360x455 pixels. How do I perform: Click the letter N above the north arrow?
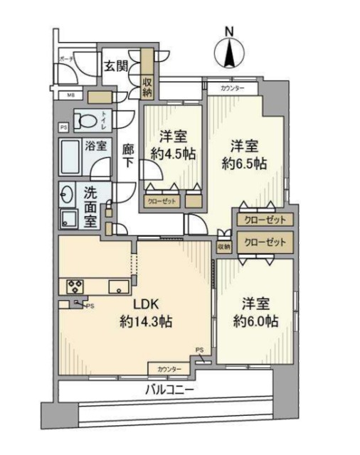click(x=228, y=31)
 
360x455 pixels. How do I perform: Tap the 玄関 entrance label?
click(x=117, y=65)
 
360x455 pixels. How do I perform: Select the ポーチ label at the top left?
click(x=66, y=58)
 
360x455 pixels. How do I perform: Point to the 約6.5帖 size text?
click(x=244, y=164)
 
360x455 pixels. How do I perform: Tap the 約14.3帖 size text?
click(x=145, y=321)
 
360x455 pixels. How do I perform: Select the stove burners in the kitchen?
click(x=74, y=286)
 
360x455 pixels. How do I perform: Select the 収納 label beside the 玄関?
click(x=147, y=87)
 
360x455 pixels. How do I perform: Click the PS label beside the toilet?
click(x=64, y=128)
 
